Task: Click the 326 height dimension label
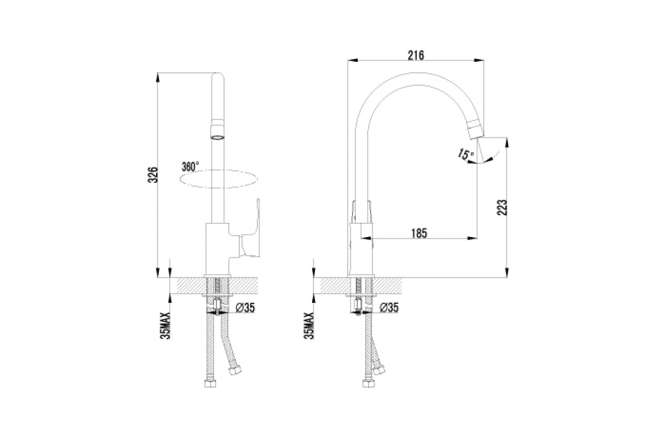pyautogui.click(x=154, y=175)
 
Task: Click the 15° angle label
pyautogui.click(x=465, y=155)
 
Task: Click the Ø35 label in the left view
pyautogui.click(x=245, y=308)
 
